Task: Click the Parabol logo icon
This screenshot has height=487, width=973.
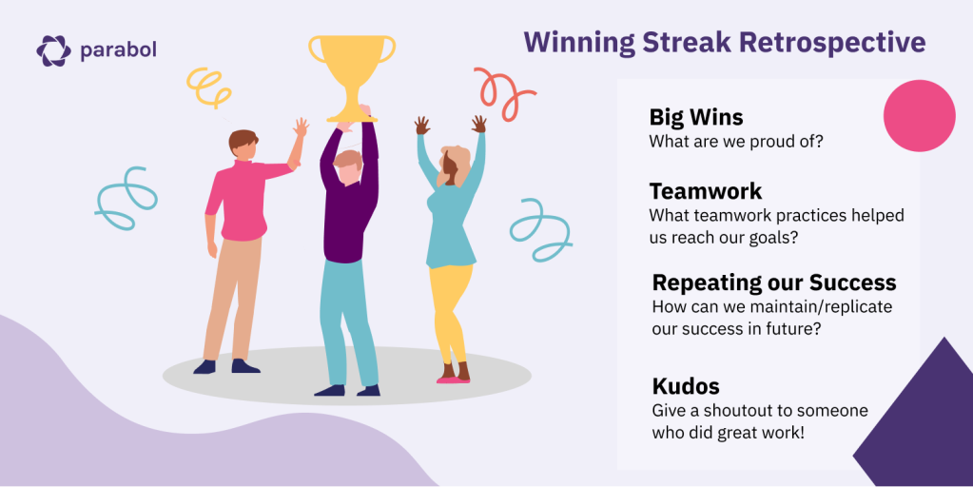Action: (x=53, y=50)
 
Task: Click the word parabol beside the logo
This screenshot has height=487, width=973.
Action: (x=118, y=49)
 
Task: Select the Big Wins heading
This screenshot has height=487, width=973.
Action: (x=695, y=117)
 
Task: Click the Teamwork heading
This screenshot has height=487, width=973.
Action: (x=706, y=191)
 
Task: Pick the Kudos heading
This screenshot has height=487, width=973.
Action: (x=686, y=386)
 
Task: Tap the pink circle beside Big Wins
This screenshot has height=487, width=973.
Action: (x=919, y=116)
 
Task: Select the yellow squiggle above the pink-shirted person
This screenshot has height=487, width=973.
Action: (x=208, y=87)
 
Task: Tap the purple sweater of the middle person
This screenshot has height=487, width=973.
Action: (x=349, y=199)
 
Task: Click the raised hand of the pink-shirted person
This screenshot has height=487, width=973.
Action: (x=301, y=127)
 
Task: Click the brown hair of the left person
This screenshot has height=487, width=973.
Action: (x=242, y=141)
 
